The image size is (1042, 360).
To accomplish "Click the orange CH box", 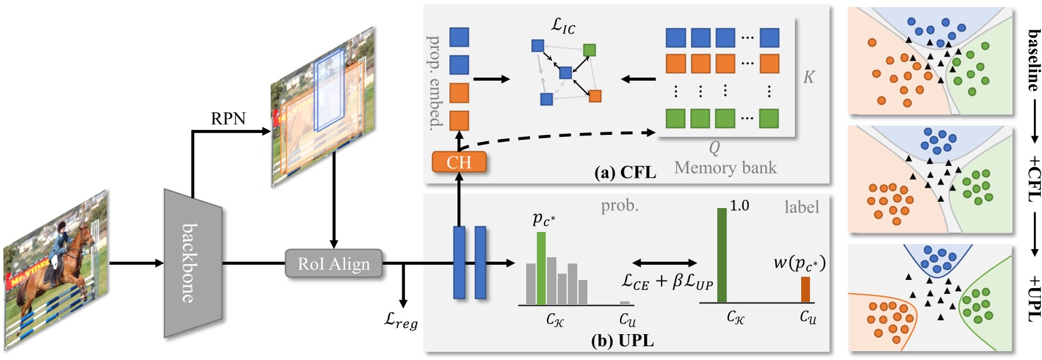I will (x=459, y=162).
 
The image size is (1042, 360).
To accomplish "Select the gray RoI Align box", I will (x=334, y=264).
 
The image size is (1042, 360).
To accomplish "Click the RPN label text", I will (x=228, y=119).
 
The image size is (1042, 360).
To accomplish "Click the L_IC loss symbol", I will (x=563, y=25).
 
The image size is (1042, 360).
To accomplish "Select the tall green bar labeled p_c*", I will (x=541, y=268).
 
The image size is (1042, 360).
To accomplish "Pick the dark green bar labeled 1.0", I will (x=722, y=255).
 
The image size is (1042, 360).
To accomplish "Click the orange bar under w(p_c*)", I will (x=805, y=289).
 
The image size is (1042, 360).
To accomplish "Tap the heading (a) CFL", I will (x=625, y=172).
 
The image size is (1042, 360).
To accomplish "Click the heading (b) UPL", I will (x=622, y=341).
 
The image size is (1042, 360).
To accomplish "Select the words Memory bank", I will (x=725, y=168).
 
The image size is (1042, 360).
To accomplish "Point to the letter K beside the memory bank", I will (x=808, y=77).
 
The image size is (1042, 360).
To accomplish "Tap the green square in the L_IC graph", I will (x=589, y=50).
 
